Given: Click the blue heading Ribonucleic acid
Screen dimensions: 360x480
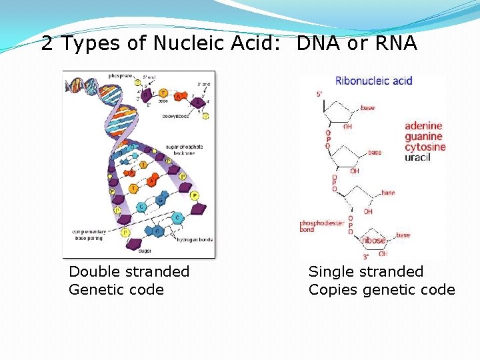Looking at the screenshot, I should click(374, 81).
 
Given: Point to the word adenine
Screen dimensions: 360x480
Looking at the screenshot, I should click(423, 126).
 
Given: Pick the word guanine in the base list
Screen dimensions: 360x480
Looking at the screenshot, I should click(423, 137).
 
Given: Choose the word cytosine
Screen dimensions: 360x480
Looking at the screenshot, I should click(425, 147).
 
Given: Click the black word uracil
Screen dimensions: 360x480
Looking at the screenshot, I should click(418, 157).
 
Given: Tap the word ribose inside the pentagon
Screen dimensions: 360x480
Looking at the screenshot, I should click(374, 241).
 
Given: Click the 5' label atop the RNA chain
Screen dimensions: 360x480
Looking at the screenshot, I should click(320, 94).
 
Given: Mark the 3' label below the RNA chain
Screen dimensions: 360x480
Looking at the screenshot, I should click(365, 256).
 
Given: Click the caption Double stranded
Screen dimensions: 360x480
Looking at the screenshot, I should click(129, 272).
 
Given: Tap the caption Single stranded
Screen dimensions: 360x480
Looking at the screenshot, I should click(366, 272).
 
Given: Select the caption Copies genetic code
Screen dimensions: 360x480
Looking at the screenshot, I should click(381, 290).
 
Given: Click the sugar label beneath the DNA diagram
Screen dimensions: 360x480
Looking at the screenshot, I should click(145, 251).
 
